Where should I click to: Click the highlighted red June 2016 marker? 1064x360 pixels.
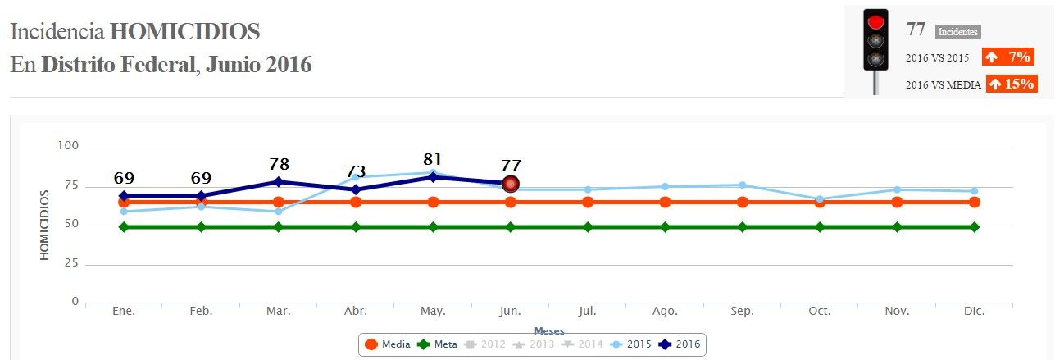[511, 184]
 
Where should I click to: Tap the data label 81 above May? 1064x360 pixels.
[433, 159]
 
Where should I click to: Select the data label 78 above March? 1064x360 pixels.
[279, 164]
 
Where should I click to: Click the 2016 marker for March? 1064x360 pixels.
[279, 182]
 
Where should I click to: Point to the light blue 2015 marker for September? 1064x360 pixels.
[743, 185]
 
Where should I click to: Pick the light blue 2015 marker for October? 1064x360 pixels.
[820, 199]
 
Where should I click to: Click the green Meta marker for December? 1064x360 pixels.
[975, 226]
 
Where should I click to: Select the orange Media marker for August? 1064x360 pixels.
[665, 202]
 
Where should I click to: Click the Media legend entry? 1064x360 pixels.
[388, 344]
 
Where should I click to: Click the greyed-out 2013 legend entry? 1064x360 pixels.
[534, 344]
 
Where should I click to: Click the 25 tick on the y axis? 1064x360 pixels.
[70, 262]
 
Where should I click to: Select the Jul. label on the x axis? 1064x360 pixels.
[588, 312]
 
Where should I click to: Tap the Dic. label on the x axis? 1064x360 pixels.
[975, 312]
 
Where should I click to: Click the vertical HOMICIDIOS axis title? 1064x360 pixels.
[45, 226]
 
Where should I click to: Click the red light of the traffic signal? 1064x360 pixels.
[876, 22]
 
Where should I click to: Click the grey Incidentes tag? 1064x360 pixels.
[957, 32]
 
